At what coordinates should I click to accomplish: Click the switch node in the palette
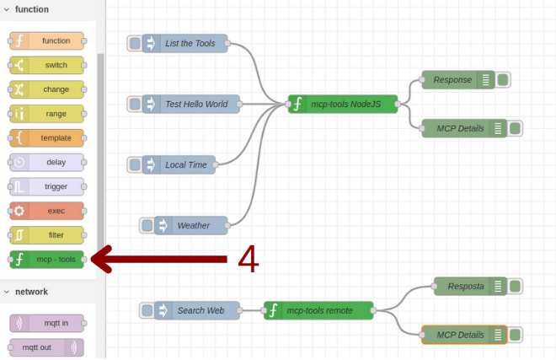coord(47,65)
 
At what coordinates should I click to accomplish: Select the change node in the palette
coord(47,89)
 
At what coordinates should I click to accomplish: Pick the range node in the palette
coord(47,114)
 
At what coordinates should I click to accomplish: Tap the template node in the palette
coord(47,138)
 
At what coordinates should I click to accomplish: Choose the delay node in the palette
coord(47,163)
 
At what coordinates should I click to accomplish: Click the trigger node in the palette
coord(47,186)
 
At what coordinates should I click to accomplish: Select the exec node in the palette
coord(47,211)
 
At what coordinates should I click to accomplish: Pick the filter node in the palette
coord(47,235)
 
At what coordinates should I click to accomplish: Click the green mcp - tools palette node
coord(47,260)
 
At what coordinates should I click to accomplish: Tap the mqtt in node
coord(47,324)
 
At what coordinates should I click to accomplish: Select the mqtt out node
coord(47,347)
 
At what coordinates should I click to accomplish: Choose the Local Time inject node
coord(185,164)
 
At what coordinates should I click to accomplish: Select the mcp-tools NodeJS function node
coord(342,104)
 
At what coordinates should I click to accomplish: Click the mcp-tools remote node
coord(318,310)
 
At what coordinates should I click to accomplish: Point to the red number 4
coord(248,260)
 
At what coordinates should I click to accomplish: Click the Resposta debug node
coord(464,286)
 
